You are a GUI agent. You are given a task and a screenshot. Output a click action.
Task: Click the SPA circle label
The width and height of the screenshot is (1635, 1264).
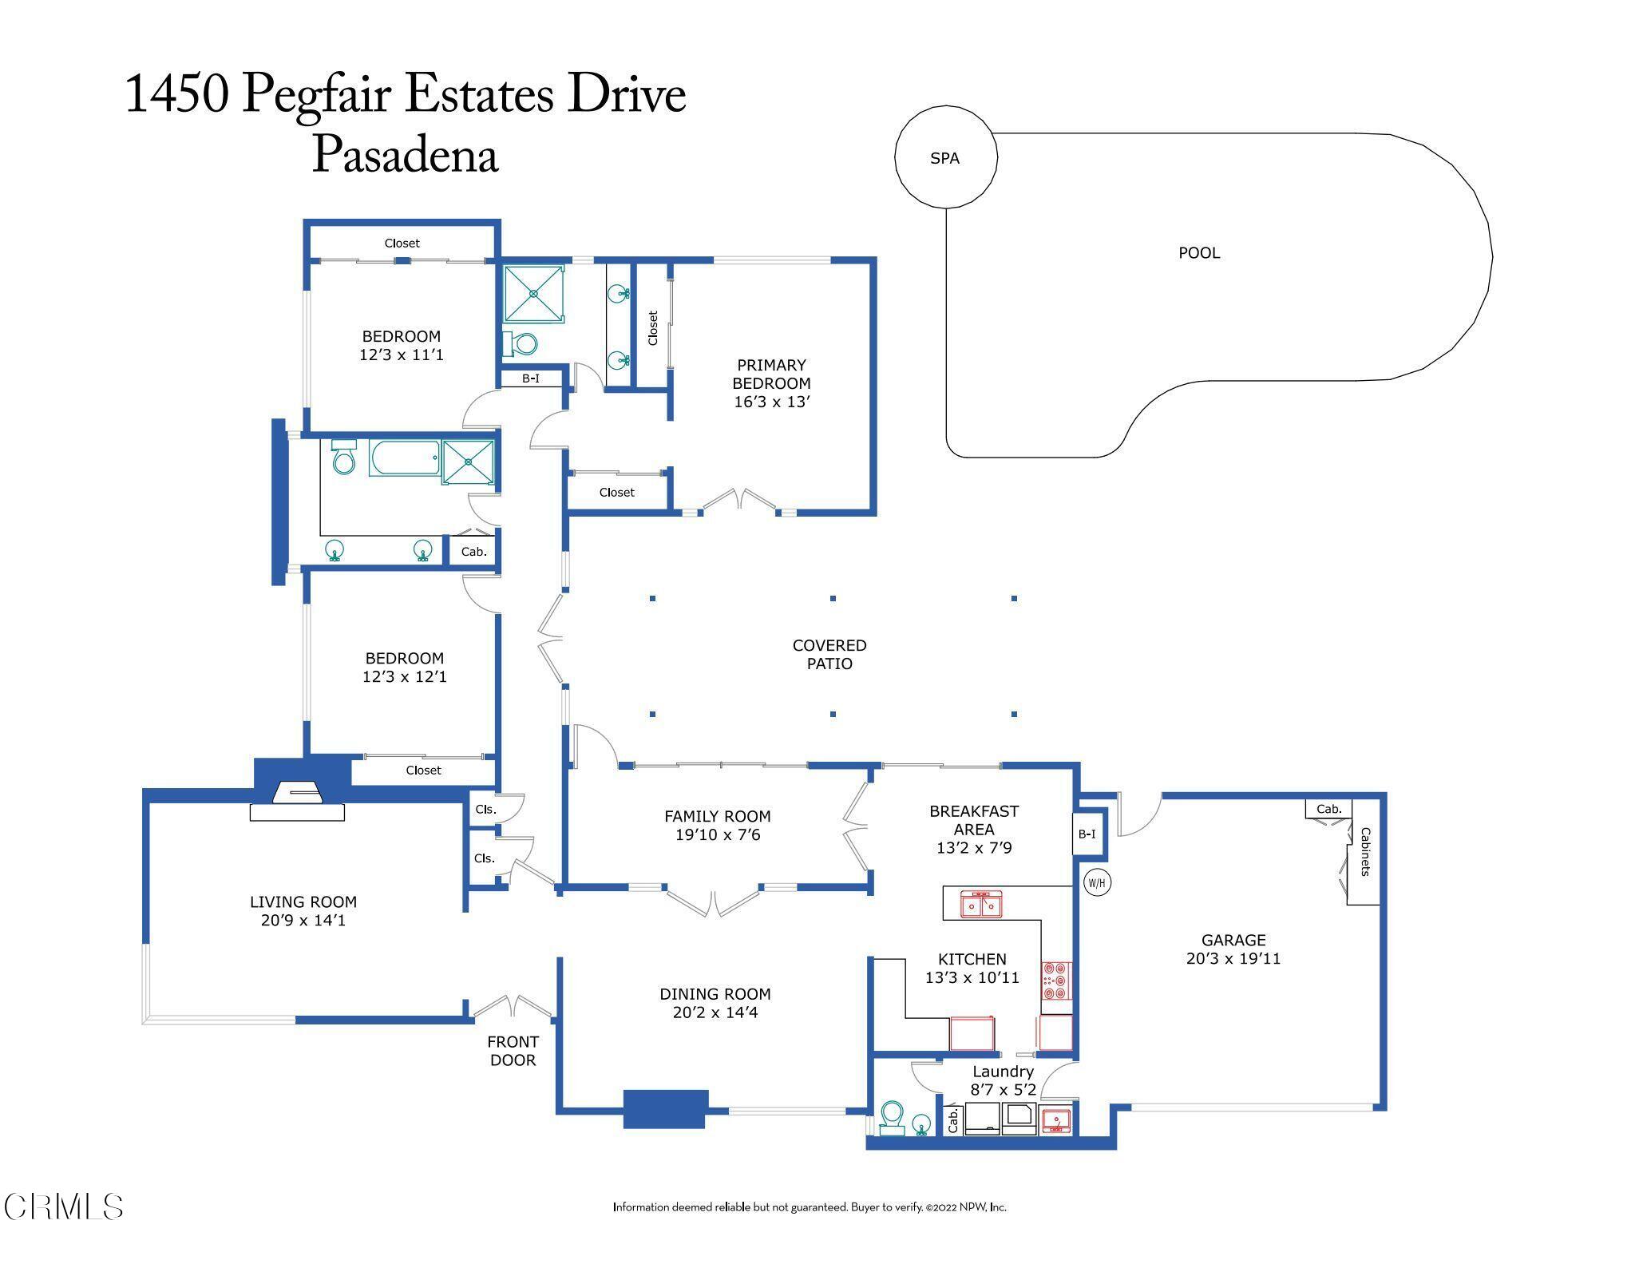click(944, 158)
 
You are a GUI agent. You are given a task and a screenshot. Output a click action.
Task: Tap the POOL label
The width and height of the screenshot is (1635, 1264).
click(1199, 252)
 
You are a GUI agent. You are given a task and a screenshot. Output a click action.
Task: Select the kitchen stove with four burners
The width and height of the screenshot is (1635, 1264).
click(1056, 981)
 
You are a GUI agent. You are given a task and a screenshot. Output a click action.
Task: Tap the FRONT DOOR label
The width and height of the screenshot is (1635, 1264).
click(513, 1051)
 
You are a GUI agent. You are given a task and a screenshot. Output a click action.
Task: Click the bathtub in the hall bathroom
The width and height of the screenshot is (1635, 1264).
click(405, 458)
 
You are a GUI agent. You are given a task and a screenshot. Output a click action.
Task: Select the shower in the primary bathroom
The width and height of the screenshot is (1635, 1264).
click(534, 294)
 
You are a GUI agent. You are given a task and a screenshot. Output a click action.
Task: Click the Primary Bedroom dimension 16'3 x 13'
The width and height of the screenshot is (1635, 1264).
click(771, 402)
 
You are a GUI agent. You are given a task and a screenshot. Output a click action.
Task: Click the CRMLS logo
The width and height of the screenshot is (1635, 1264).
click(64, 1207)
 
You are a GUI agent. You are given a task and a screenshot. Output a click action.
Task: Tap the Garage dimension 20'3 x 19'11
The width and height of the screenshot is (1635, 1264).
click(1233, 958)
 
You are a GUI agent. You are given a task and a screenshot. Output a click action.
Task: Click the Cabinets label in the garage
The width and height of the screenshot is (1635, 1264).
click(1365, 851)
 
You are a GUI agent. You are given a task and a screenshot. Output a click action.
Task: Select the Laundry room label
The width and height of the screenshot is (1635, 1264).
click(1003, 1072)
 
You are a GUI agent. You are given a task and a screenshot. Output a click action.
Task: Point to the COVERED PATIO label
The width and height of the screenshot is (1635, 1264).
click(829, 654)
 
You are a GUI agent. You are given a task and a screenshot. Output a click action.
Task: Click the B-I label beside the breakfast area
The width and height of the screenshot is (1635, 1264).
click(1087, 834)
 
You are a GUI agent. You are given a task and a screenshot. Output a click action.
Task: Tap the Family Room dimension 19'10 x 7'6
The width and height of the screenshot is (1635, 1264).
click(717, 834)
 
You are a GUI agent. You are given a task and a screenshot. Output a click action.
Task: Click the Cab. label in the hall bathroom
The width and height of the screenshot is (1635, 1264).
click(474, 552)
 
